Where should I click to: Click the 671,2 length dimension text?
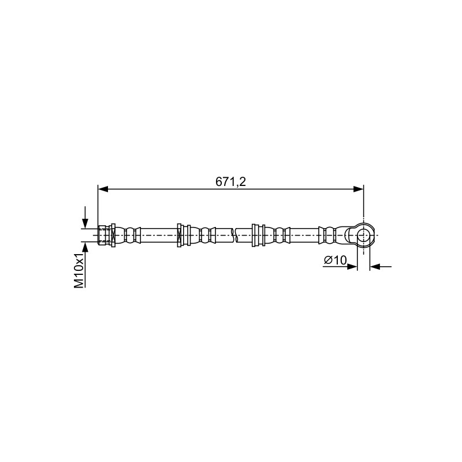click(230, 182)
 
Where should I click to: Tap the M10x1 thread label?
click(79, 271)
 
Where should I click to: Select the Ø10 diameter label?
click(336, 260)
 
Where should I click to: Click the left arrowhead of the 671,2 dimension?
click(103, 189)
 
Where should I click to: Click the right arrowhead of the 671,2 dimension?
click(358, 189)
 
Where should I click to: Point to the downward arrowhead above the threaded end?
click(85, 223)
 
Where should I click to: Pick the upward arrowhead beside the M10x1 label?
click(85, 247)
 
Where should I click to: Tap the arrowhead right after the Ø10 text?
click(352, 267)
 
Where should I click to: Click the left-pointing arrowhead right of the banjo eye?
click(375, 267)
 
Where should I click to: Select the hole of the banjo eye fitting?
click(363, 235)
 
